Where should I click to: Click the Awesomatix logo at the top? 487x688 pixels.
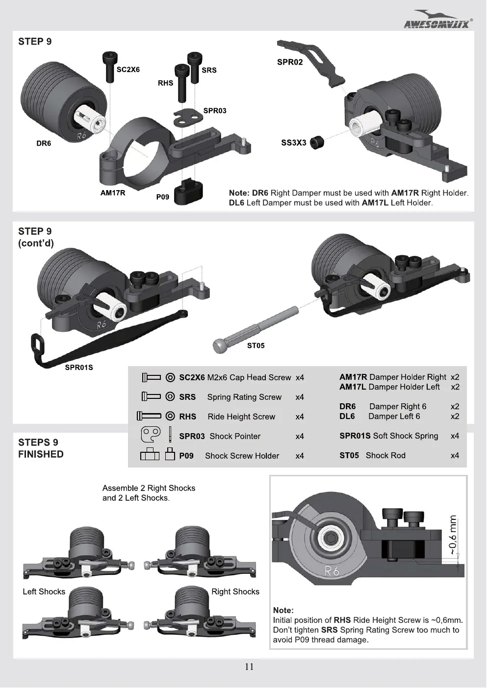[x=438, y=20]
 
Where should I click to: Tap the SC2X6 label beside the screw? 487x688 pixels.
[x=128, y=70]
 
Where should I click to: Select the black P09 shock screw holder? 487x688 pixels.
[x=188, y=193]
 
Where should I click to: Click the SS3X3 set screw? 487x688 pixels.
[x=317, y=143]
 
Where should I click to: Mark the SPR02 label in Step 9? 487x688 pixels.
[x=290, y=62]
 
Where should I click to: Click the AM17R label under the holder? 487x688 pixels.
[x=113, y=193]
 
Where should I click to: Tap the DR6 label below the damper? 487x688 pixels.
[x=44, y=144]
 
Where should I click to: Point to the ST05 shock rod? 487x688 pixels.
[x=256, y=330]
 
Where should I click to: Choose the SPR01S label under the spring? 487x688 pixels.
[x=78, y=368]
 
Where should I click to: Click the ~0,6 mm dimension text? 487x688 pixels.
[x=454, y=535]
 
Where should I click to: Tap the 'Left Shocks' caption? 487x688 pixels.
[x=44, y=591]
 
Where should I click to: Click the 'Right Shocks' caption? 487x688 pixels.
[x=235, y=591]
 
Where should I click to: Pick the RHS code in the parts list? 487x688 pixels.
[x=187, y=417]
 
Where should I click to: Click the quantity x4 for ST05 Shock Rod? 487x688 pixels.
[x=455, y=455]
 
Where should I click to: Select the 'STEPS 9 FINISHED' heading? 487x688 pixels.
[x=41, y=448]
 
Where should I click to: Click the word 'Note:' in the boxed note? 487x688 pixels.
[x=283, y=610]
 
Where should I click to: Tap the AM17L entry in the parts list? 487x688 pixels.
[x=352, y=387]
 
